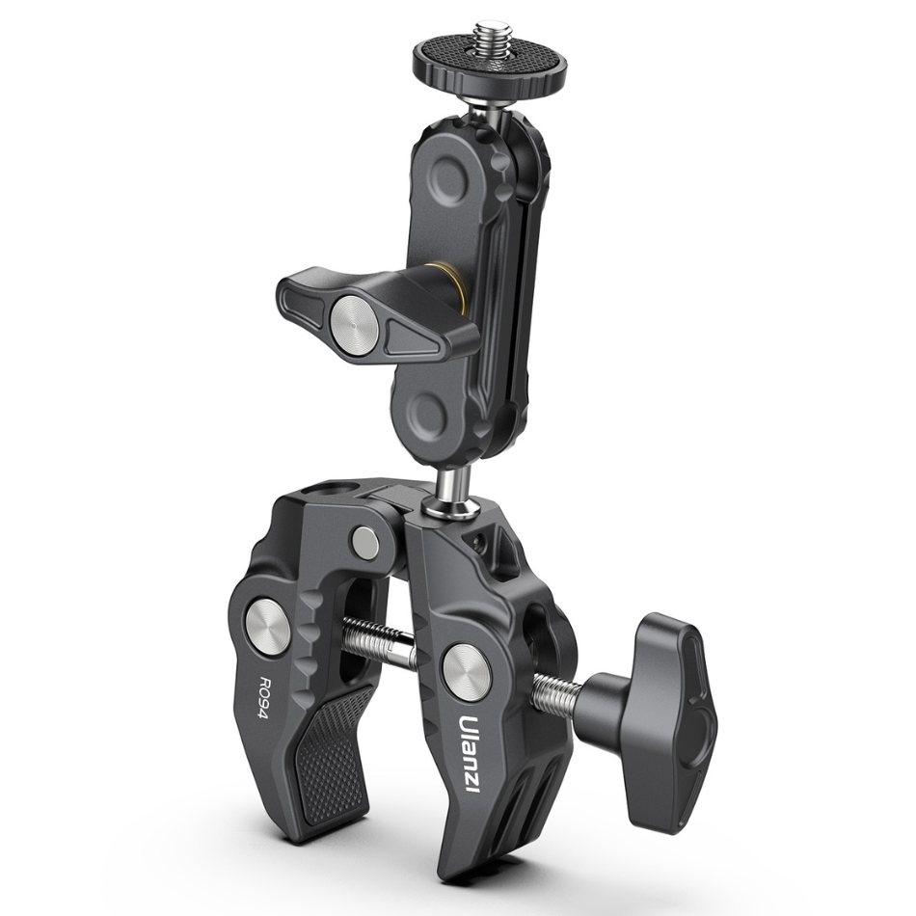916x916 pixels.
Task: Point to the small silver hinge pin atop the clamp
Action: tap(364, 541)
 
